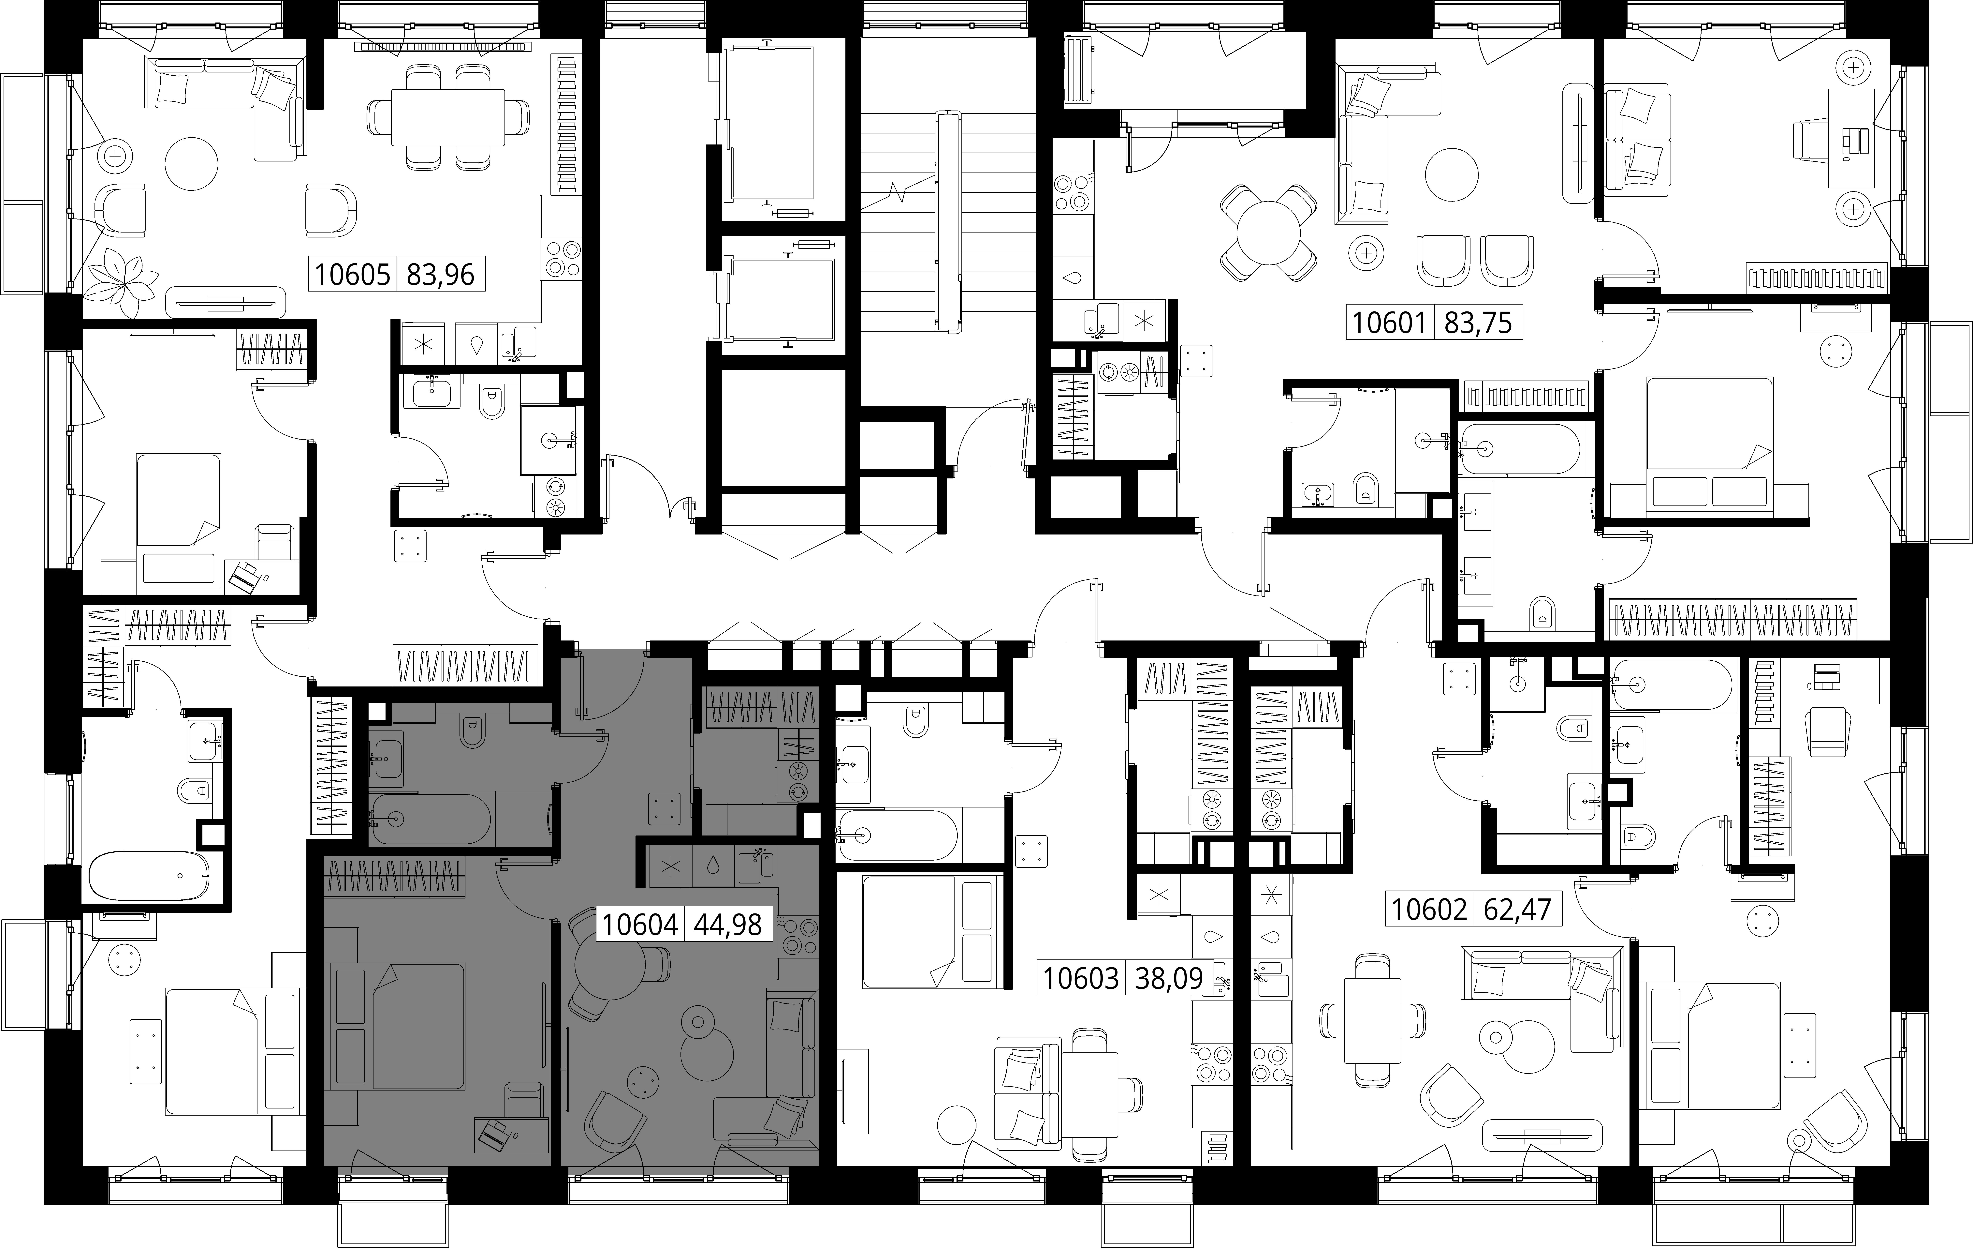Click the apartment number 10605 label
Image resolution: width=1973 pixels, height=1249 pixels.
(x=352, y=274)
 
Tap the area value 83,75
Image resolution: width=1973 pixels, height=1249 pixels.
(x=1478, y=323)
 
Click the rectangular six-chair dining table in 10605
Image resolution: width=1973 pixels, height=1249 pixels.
(x=447, y=116)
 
